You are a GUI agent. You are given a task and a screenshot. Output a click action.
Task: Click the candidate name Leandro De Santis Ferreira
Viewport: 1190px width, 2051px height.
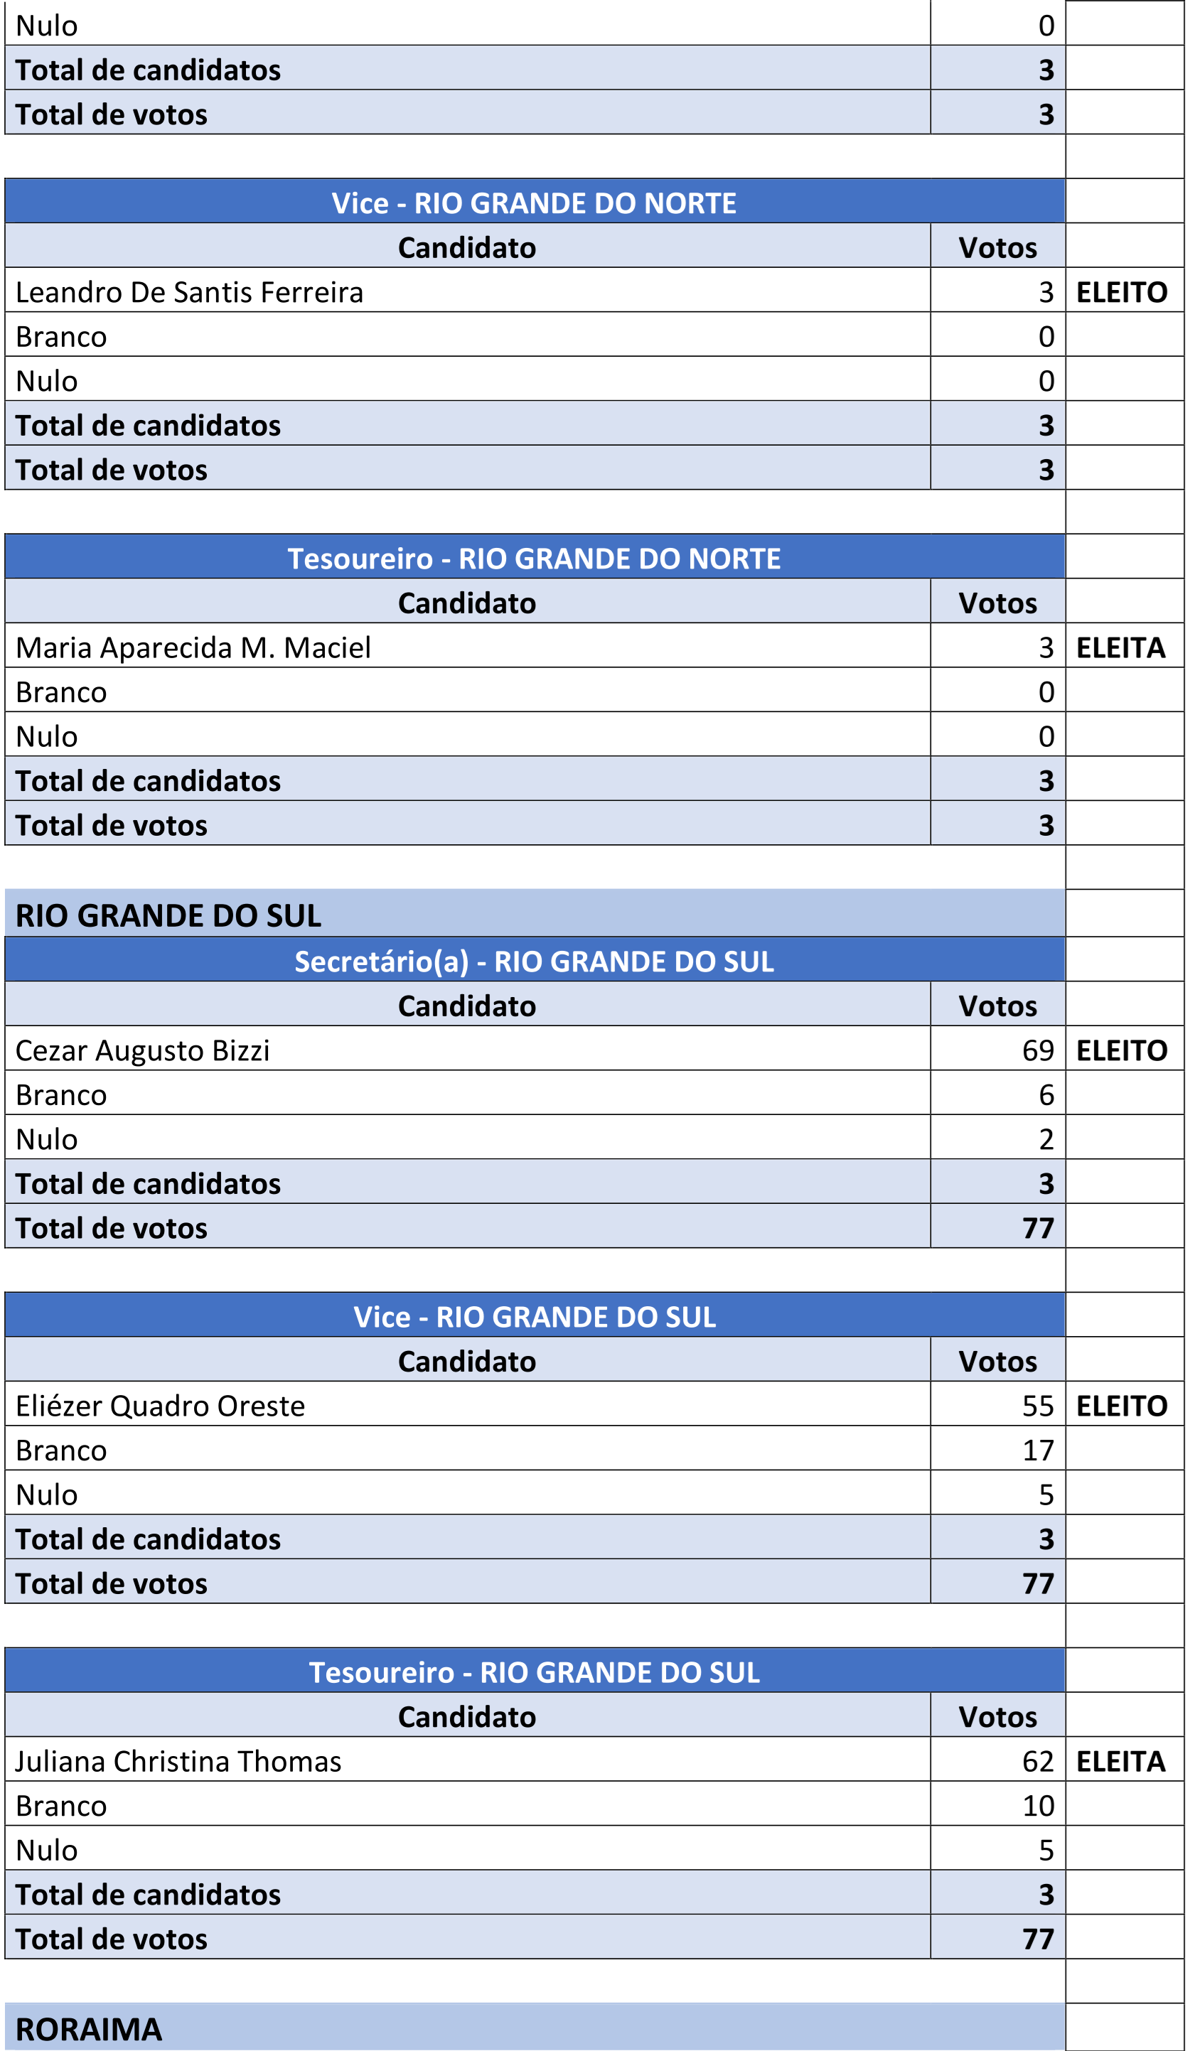tap(189, 292)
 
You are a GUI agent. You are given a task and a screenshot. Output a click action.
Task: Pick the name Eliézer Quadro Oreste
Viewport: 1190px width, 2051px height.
tap(161, 1406)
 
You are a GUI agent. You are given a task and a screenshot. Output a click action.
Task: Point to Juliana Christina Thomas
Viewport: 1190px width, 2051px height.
tap(178, 1761)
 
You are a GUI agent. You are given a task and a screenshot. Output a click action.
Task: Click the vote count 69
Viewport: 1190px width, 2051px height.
tap(1038, 1051)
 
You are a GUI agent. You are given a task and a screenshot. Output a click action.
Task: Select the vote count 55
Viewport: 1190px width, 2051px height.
tap(1038, 1406)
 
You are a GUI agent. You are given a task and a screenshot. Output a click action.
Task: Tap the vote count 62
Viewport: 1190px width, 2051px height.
tap(1038, 1761)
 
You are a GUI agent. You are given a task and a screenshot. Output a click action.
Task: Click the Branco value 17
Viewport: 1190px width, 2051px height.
tap(1038, 1450)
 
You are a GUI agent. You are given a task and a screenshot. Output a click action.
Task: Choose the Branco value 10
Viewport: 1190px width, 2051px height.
tap(1038, 1806)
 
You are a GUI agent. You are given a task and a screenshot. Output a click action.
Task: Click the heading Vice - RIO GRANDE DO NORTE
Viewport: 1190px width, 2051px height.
tap(534, 203)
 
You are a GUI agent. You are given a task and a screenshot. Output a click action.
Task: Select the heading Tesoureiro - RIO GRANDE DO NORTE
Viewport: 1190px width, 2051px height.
tap(534, 559)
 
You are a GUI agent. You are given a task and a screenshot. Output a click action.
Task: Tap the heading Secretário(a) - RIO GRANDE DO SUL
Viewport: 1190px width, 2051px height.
tap(534, 962)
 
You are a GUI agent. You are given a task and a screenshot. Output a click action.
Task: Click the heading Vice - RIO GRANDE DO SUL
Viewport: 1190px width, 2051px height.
tap(534, 1318)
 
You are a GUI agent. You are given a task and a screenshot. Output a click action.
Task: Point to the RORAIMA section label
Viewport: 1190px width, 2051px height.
tap(89, 2030)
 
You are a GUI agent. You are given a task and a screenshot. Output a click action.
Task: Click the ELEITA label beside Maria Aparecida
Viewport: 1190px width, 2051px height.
tap(1121, 648)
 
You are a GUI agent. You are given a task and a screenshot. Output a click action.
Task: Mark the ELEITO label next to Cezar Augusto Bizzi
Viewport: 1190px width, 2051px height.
tap(1122, 1051)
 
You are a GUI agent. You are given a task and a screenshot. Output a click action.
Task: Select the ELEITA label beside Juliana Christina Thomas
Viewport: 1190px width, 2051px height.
tap(1121, 1761)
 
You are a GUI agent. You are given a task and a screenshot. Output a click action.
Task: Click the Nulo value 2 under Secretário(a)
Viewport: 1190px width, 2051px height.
tap(1046, 1139)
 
